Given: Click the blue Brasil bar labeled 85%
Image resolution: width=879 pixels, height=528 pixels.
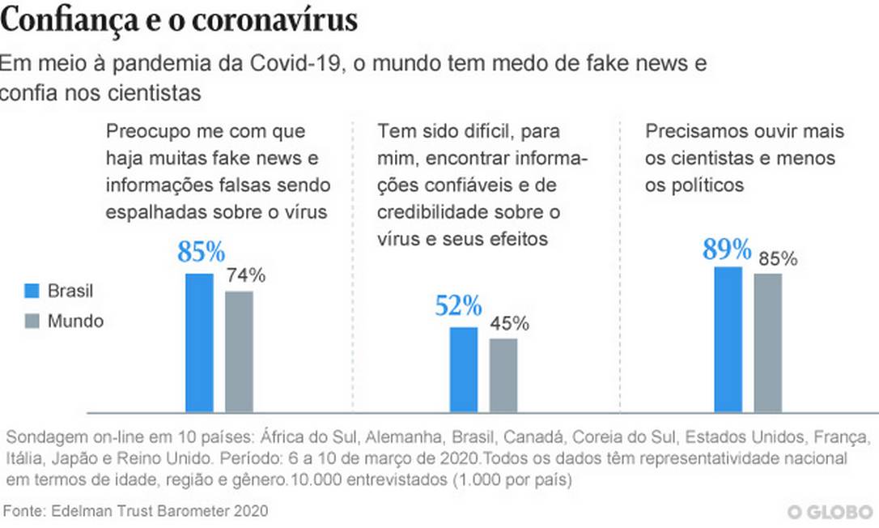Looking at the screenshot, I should click(x=199, y=343).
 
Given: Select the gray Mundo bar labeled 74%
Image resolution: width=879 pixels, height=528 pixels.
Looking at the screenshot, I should click(x=239, y=351).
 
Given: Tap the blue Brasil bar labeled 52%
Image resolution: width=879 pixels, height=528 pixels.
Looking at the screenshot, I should click(x=464, y=369).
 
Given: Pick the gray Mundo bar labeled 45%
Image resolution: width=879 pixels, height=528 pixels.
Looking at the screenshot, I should click(x=503, y=375).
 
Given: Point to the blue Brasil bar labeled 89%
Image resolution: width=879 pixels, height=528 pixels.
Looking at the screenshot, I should click(x=728, y=339).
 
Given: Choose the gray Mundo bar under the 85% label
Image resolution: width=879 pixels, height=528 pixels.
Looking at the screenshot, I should click(x=767, y=343).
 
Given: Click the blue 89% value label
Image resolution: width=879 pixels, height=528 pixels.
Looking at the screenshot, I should click(x=727, y=249).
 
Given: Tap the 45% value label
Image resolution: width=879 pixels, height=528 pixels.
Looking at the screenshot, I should click(x=509, y=324).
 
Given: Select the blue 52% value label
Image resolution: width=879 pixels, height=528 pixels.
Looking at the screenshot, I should click(x=458, y=306).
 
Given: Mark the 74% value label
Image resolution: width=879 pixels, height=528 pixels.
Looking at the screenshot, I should click(x=245, y=275).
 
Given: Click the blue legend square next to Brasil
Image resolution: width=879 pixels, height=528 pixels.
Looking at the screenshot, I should click(x=32, y=291).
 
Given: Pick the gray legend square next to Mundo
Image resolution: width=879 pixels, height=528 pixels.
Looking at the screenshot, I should click(x=32, y=321).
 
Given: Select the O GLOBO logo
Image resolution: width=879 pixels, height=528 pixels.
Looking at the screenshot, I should click(x=830, y=512).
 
